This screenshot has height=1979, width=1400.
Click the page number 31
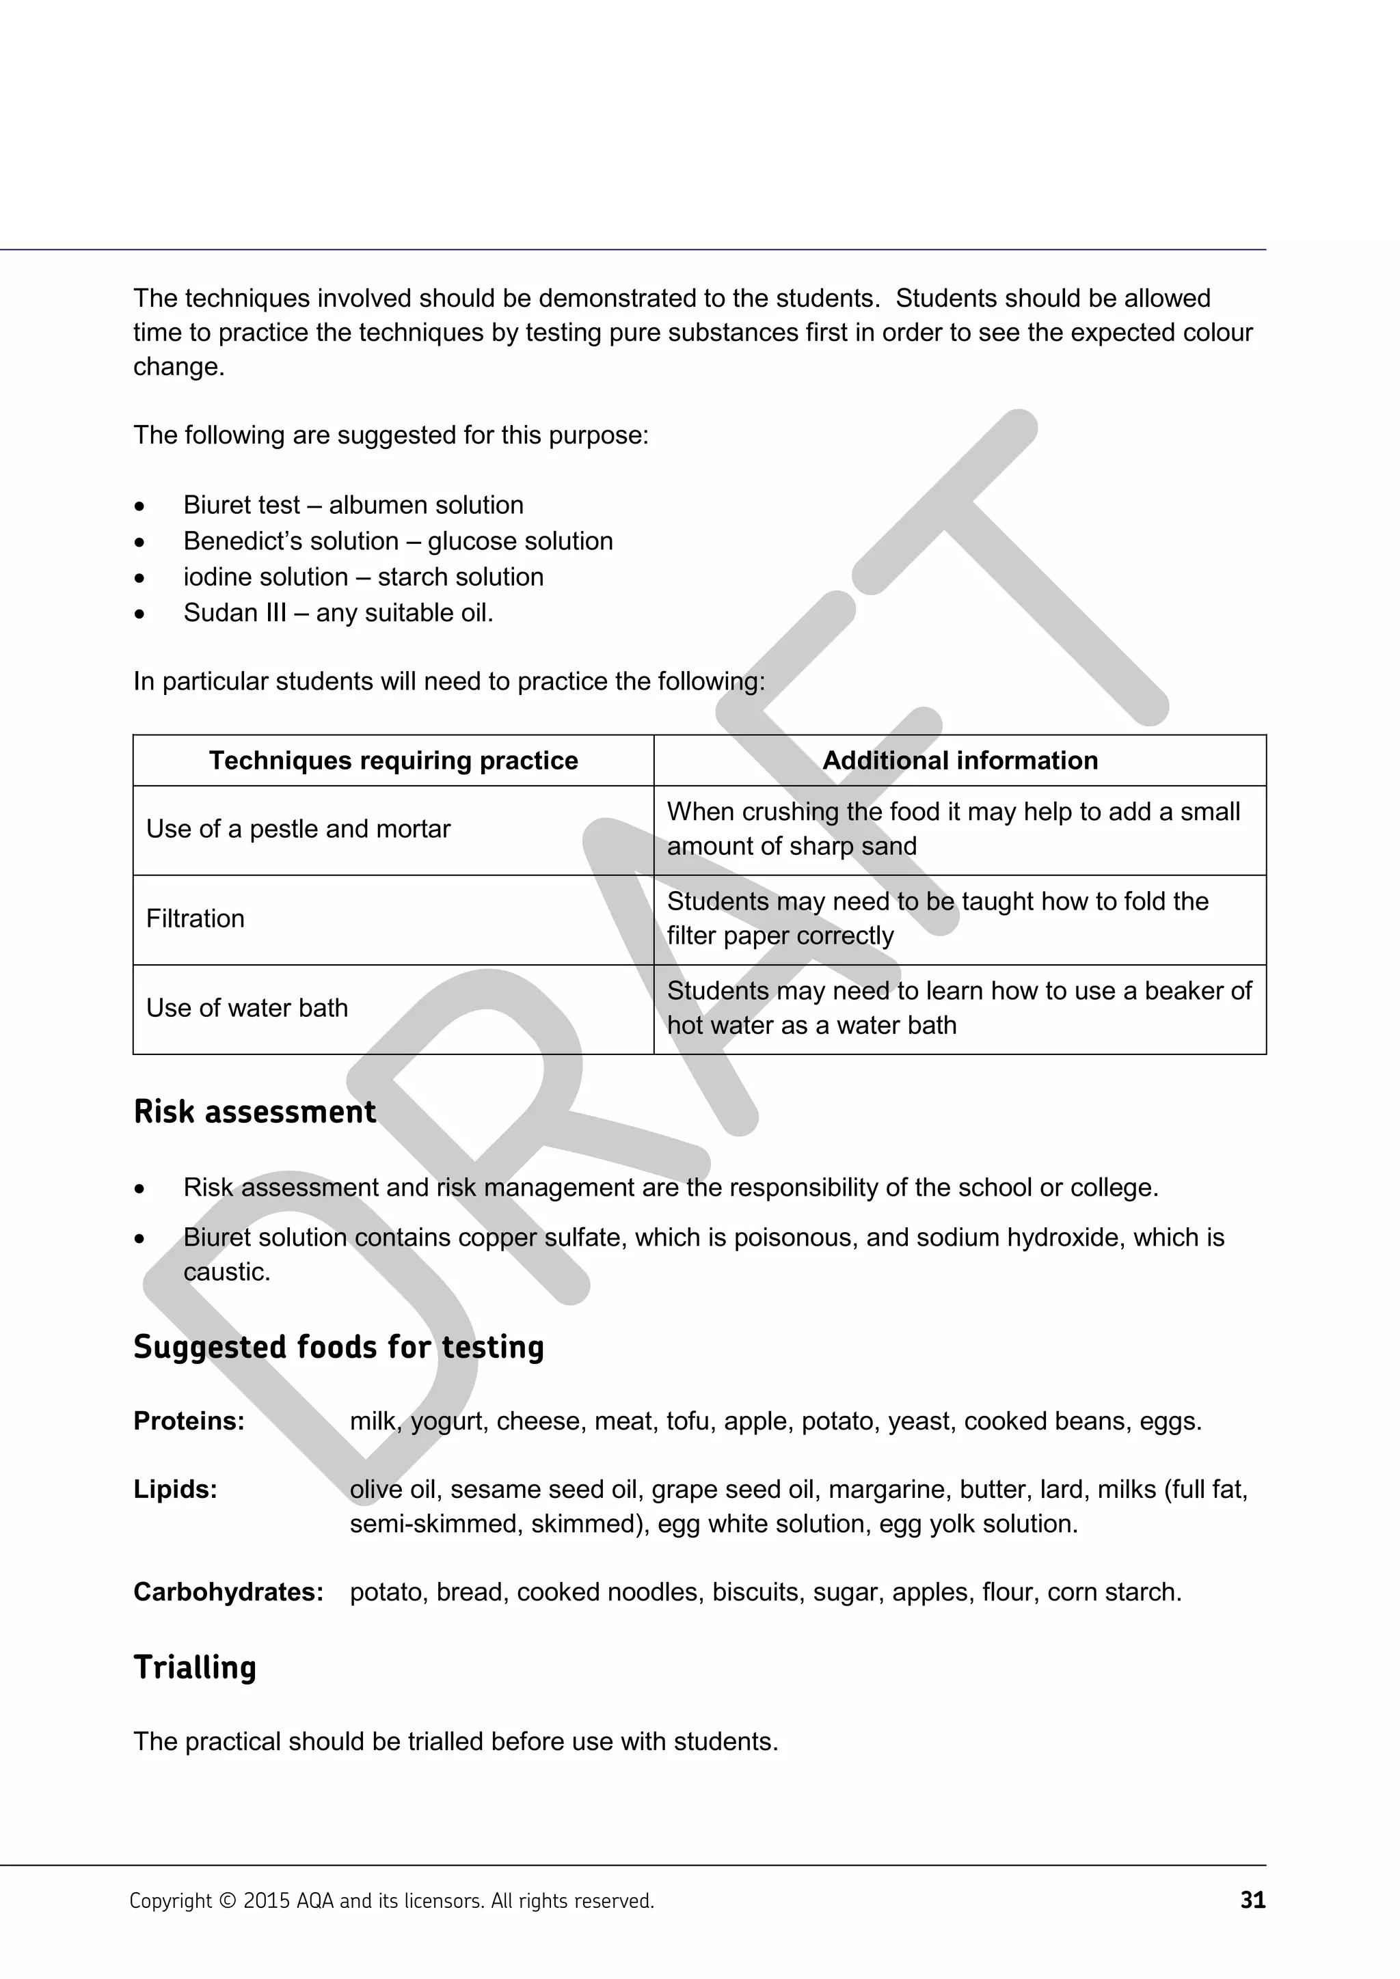[x=1252, y=1900]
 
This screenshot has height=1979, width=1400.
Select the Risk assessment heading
[x=254, y=1112]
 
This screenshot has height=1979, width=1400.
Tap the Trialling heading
[x=195, y=1667]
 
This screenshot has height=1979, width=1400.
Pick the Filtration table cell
[x=196, y=919]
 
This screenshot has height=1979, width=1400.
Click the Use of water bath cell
[x=247, y=1009]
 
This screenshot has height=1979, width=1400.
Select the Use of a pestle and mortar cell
[x=297, y=829]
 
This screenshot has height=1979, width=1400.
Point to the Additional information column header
[x=960, y=760]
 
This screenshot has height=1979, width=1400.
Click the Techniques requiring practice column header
[x=393, y=760]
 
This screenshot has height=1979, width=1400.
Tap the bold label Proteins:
[x=189, y=1421]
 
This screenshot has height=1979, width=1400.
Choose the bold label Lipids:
[x=175, y=1490]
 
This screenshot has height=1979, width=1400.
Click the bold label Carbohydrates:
[x=228, y=1592]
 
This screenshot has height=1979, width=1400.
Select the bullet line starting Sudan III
[x=338, y=613]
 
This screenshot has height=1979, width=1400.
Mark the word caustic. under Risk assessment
[x=227, y=1272]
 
